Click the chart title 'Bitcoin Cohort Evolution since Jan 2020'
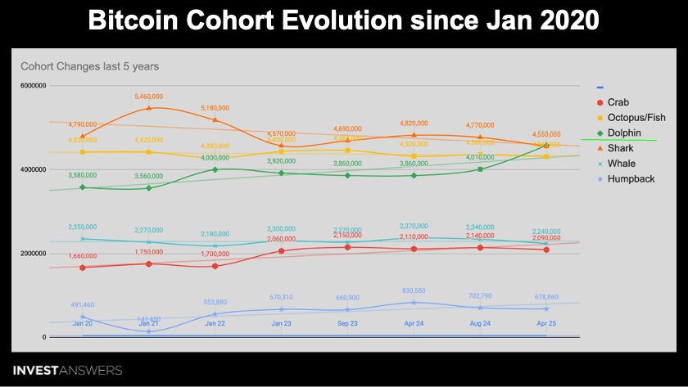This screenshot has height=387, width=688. click(x=343, y=20)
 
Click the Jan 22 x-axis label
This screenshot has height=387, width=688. click(x=215, y=324)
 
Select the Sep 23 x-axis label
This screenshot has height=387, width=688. click(x=347, y=324)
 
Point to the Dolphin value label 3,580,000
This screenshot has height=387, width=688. click(x=82, y=175)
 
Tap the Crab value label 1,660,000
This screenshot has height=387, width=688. click(x=82, y=256)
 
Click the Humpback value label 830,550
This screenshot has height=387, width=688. click(x=414, y=290)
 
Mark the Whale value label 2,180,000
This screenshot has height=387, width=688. click(x=215, y=234)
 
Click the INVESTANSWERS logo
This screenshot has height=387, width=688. click(x=67, y=371)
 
